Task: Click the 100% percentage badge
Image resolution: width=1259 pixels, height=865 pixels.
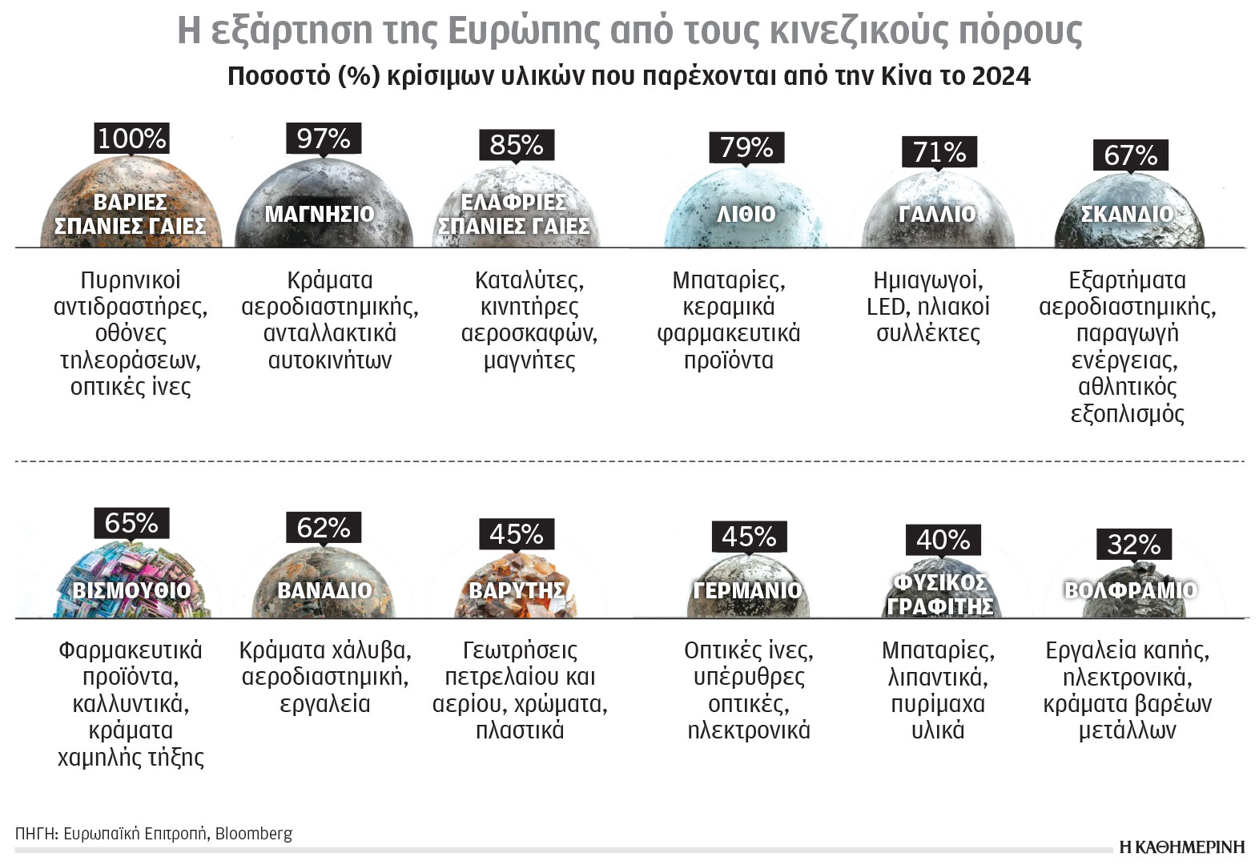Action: click(x=131, y=139)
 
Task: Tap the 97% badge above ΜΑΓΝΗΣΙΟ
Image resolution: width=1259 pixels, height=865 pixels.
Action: click(x=324, y=139)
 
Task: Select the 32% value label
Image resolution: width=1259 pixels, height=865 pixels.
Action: click(x=1133, y=545)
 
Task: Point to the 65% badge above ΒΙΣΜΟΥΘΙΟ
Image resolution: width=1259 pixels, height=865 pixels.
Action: click(x=131, y=523)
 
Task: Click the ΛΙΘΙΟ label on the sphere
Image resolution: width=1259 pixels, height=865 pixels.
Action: click(x=746, y=214)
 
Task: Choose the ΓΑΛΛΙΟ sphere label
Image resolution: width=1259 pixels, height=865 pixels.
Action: click(x=937, y=214)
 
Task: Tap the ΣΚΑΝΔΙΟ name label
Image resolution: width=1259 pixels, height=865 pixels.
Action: click(x=1127, y=214)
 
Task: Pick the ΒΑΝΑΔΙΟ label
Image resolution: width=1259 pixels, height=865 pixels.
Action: click(x=324, y=590)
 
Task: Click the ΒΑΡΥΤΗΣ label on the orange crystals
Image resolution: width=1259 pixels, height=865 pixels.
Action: click(x=517, y=590)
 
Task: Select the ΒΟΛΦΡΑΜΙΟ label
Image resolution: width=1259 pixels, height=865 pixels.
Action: click(x=1130, y=590)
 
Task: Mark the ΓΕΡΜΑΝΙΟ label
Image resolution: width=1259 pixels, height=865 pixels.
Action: click(x=747, y=590)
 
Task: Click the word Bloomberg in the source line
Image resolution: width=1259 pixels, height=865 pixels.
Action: click(x=254, y=833)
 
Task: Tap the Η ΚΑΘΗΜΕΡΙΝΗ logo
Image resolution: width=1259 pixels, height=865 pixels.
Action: click(x=1182, y=847)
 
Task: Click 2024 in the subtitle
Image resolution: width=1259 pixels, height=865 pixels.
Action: click(x=1000, y=76)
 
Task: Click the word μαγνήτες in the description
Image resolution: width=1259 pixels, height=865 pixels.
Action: click(x=529, y=360)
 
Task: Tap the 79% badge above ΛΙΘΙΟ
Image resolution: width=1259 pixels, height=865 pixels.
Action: click(x=746, y=147)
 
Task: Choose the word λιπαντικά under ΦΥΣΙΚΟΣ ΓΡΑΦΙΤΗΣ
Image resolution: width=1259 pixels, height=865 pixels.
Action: click(x=938, y=678)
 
